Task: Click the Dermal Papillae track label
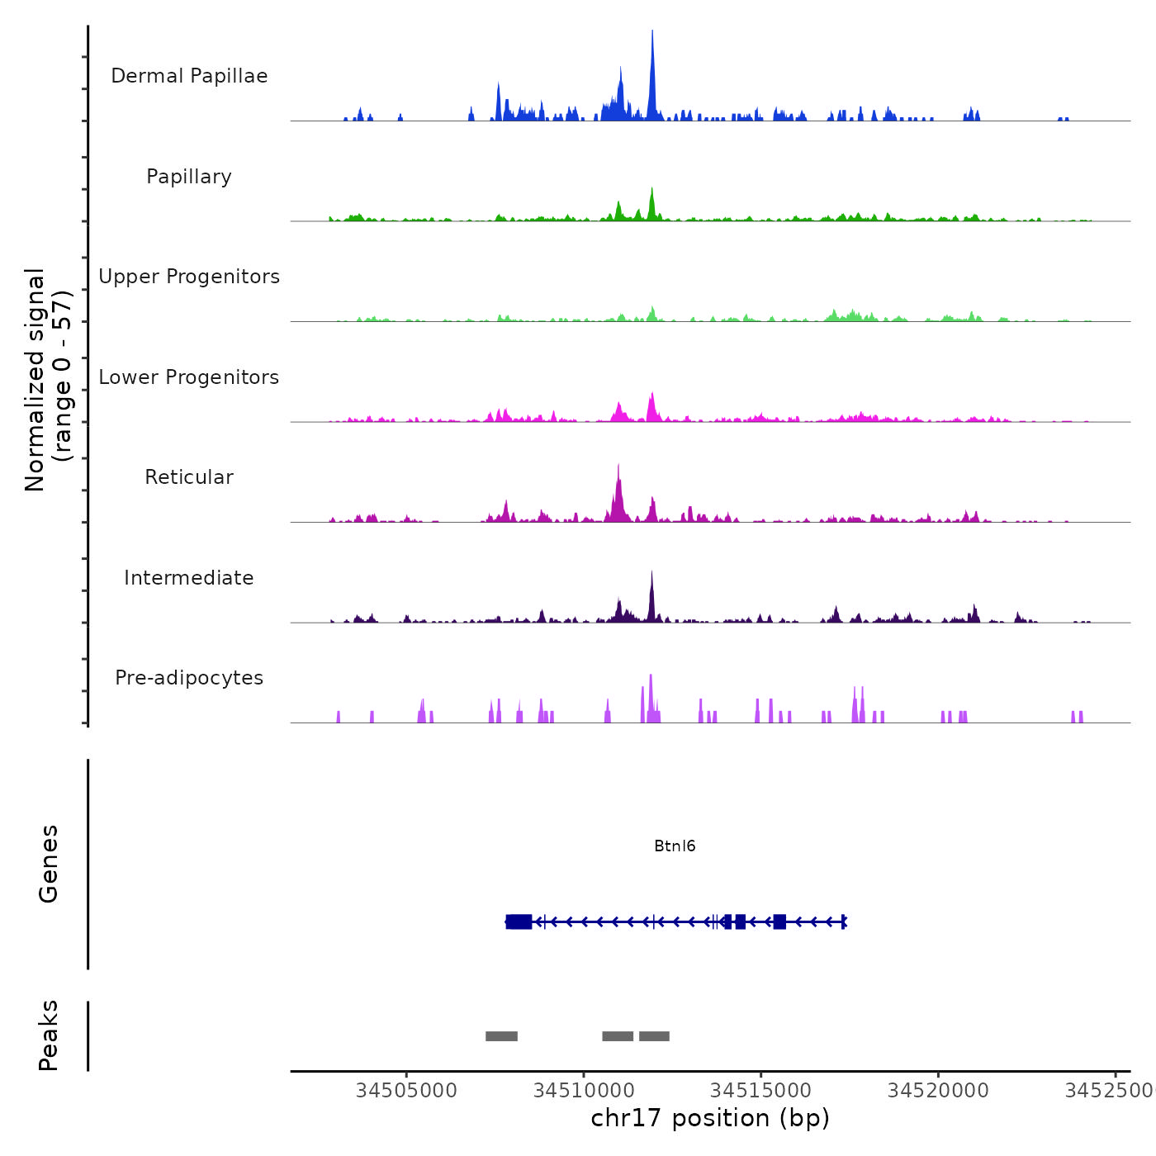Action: coord(189,76)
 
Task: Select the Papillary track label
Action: coord(189,177)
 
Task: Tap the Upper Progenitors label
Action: coord(189,277)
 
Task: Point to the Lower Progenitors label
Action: coord(189,377)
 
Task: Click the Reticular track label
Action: coord(189,477)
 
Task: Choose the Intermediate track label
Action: coord(189,578)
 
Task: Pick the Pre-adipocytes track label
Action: coord(189,678)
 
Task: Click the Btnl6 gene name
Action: coord(675,846)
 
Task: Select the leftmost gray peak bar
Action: coord(501,1036)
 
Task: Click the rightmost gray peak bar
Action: coord(654,1036)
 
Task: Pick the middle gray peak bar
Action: coord(618,1036)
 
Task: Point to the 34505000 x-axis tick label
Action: coord(406,1091)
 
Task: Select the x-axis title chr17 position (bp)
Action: coord(710,1119)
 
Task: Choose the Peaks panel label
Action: coord(49,1035)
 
